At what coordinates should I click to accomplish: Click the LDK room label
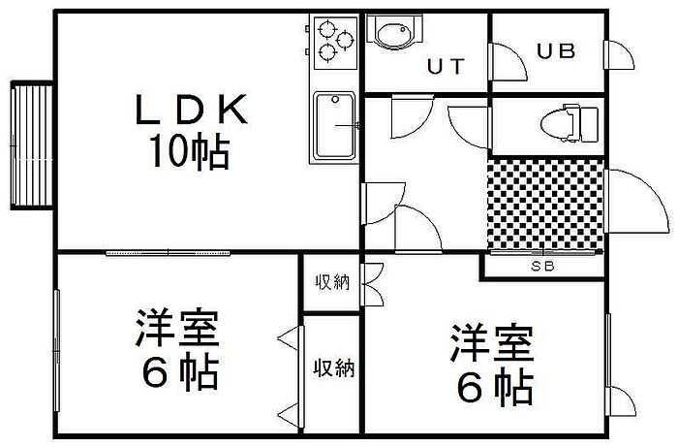tap(192, 109)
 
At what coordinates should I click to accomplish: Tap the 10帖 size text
tap(189, 151)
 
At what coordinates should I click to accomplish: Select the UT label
tap(446, 67)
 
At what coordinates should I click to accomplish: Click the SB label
tap(542, 266)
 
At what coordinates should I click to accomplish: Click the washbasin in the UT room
tap(394, 31)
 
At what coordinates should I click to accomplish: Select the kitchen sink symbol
tap(335, 125)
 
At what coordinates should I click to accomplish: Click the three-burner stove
tap(335, 43)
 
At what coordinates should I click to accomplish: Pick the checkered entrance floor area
tap(545, 205)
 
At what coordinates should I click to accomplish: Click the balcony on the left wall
tap(32, 145)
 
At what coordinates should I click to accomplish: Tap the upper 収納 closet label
tap(331, 282)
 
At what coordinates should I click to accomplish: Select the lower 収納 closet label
tap(334, 367)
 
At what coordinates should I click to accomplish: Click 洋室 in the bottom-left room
tap(177, 327)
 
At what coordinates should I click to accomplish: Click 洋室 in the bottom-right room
tap(492, 342)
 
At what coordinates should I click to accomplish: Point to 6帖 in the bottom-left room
tap(180, 371)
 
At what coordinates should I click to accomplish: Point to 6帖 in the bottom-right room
tap(495, 387)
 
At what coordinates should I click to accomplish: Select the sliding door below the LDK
tap(168, 253)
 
